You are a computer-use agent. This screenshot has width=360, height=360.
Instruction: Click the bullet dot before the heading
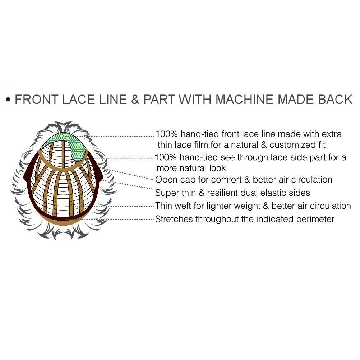pos(9,100)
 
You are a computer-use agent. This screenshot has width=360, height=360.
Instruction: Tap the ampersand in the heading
pos(135,100)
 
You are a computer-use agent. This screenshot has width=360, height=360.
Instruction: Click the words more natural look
pos(191,168)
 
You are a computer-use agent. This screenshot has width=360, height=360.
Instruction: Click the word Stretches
pos(174,219)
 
